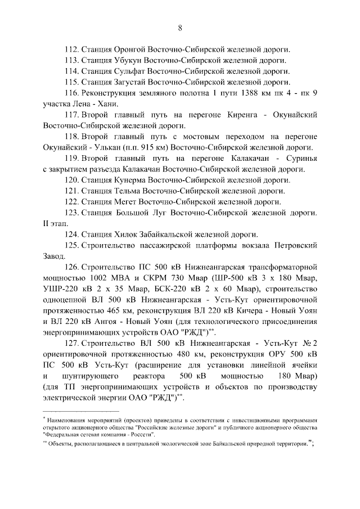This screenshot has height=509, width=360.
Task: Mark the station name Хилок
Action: click(x=126, y=235)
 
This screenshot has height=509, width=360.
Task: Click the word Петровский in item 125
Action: click(x=295, y=246)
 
